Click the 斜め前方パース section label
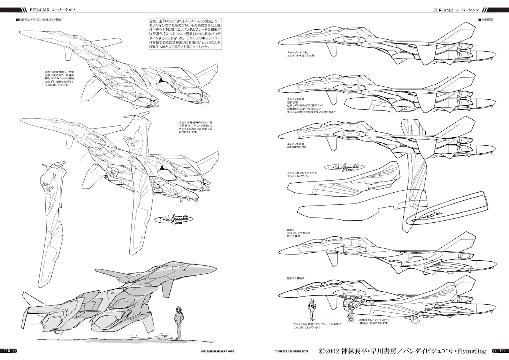[39, 20]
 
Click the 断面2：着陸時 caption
[296, 278]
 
